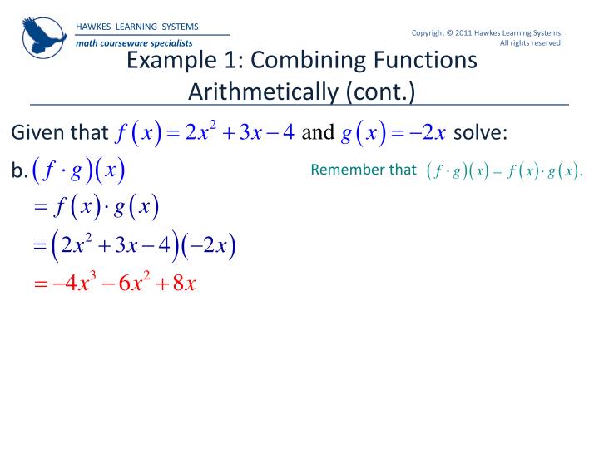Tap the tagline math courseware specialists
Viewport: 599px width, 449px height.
pyautogui.click(x=134, y=42)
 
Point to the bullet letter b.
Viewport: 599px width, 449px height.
pyautogui.click(x=19, y=171)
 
